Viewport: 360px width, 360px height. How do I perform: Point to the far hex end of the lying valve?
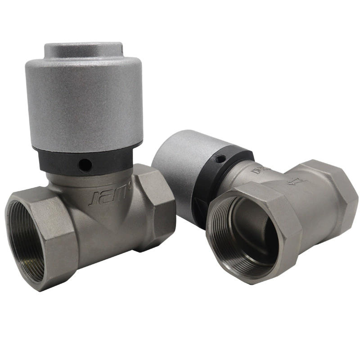pyautogui.click(x=333, y=193)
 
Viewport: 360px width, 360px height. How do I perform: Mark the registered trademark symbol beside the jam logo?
pyautogui.click(x=130, y=184)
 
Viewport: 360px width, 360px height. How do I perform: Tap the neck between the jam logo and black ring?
pyautogui.click(x=90, y=180)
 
